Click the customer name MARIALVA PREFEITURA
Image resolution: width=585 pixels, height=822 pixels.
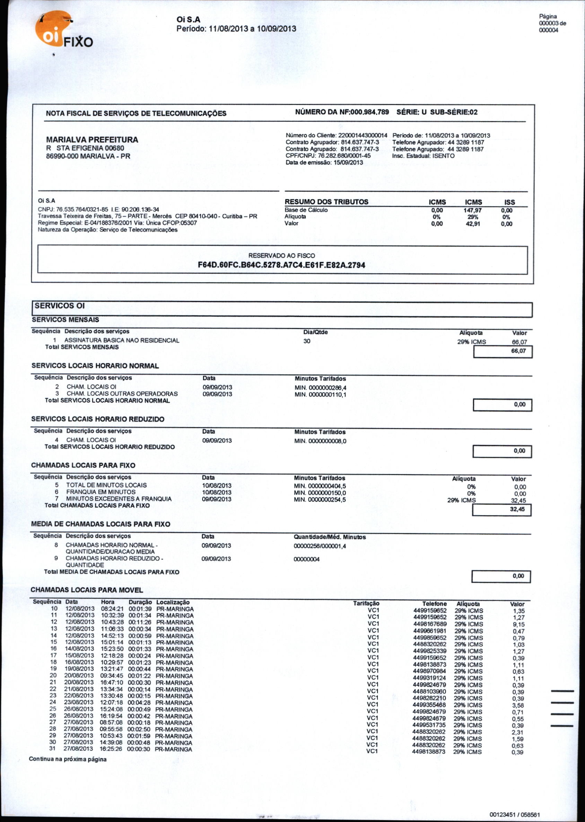[x=92, y=140]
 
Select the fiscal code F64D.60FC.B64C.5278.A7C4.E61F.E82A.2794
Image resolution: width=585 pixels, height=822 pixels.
[x=281, y=265]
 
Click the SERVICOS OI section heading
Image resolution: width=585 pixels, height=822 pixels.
[x=60, y=306]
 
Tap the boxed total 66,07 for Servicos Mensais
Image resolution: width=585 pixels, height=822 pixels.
[x=518, y=351]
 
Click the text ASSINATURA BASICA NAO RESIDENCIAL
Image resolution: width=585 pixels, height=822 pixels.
[x=122, y=340]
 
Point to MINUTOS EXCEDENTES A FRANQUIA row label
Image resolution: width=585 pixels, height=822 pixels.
[x=119, y=499]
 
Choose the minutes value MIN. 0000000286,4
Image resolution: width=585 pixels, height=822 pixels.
[x=321, y=388]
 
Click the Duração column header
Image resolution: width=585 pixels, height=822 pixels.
[x=140, y=602]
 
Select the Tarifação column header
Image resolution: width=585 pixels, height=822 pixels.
[x=366, y=604]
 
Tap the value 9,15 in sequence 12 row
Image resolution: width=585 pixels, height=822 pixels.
[x=519, y=624]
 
